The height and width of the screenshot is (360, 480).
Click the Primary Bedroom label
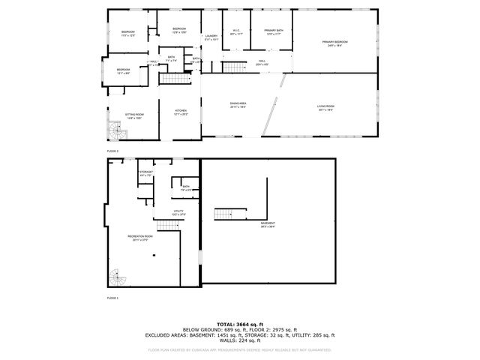coord(335,42)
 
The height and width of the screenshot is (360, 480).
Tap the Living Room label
coord(325,106)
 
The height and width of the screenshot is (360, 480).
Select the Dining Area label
coord(238,103)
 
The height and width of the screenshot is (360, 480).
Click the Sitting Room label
coord(135,115)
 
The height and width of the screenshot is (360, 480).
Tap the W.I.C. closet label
coord(235,31)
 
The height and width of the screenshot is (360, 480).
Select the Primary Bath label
coord(272,31)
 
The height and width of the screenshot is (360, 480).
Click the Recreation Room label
coord(140,238)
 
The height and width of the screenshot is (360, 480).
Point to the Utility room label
coord(178,212)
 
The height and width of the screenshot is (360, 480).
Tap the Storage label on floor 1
coord(145,173)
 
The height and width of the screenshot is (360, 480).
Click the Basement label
coord(268,224)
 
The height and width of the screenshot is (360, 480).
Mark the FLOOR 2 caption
coord(112,151)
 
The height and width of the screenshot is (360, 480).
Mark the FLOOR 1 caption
coord(112,298)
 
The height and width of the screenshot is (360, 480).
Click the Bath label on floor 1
coord(185,187)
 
